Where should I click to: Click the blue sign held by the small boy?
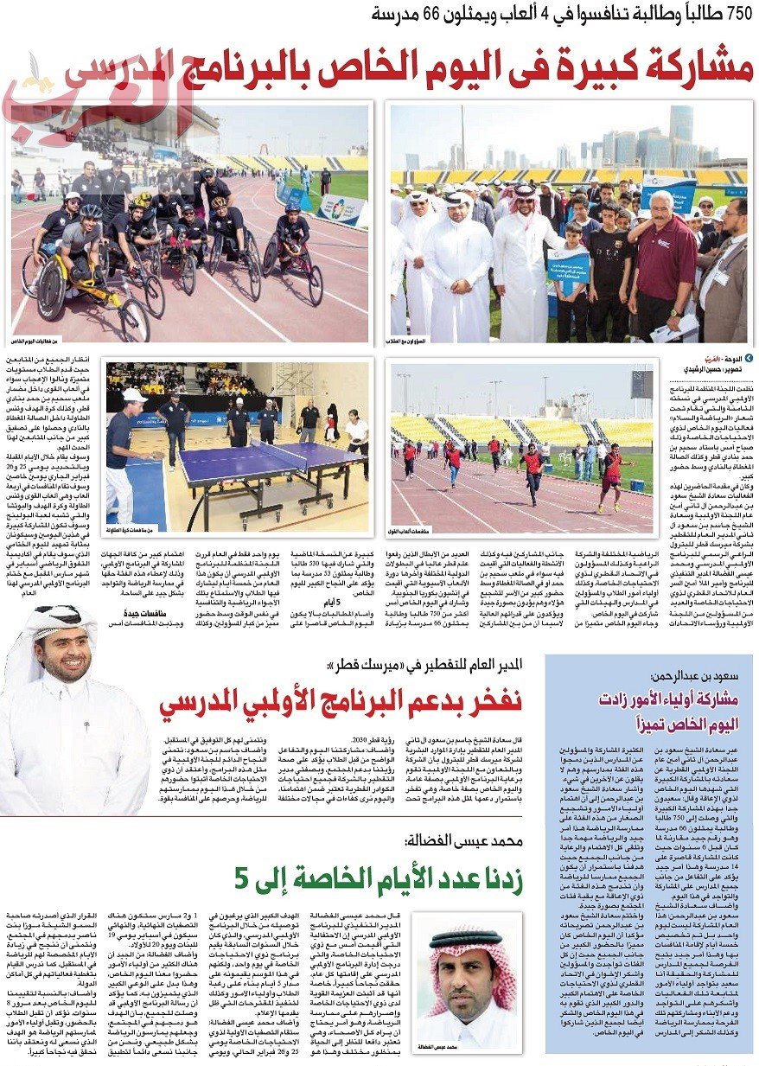coord(566,265)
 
